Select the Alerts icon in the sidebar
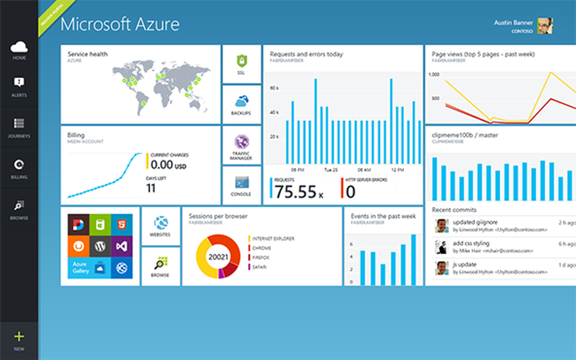[x=19, y=83]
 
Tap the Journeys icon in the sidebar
[x=19, y=124]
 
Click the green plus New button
[x=19, y=337]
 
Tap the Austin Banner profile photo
[x=545, y=26]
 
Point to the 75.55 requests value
[x=296, y=191]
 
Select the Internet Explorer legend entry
[x=273, y=239]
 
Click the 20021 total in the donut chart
[x=215, y=257]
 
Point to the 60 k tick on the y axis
[x=274, y=88]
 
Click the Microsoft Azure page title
[x=120, y=25]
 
